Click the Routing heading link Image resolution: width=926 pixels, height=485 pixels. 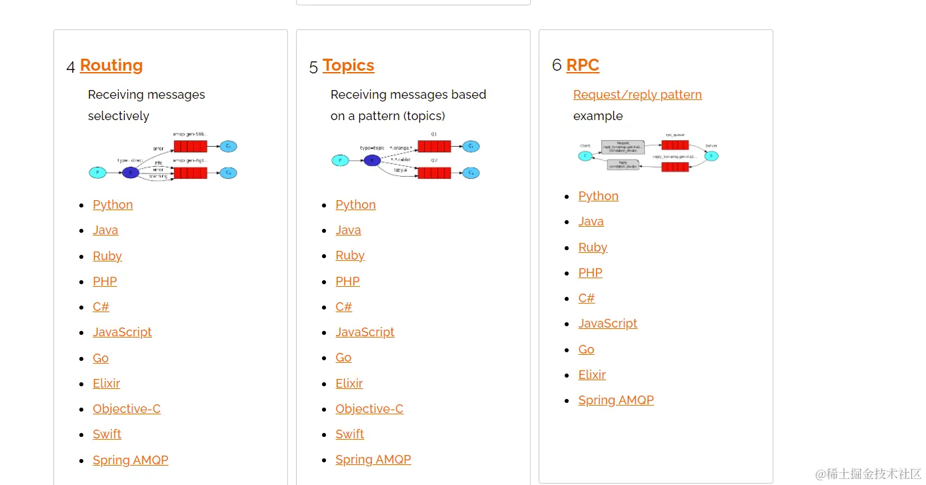pyautogui.click(x=111, y=65)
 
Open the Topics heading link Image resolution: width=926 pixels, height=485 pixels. pyautogui.click(x=348, y=65)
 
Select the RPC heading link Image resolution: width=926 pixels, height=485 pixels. pyautogui.click(x=583, y=65)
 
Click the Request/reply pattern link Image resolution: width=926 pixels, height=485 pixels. pyautogui.click(x=637, y=95)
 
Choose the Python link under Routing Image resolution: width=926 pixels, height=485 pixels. pyautogui.click(x=113, y=205)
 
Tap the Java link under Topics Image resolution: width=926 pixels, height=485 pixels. pyautogui.click(x=348, y=230)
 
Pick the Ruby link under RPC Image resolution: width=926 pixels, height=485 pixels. pyautogui.click(x=593, y=248)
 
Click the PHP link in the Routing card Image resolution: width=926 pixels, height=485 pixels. pyautogui.click(x=105, y=282)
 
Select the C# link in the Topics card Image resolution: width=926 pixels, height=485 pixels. pyautogui.click(x=343, y=307)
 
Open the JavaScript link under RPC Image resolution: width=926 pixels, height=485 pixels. pyautogui.click(x=607, y=324)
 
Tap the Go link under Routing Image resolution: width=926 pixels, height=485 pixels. pyautogui.click(x=101, y=358)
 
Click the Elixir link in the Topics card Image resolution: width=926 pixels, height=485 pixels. pyautogui.click(x=349, y=384)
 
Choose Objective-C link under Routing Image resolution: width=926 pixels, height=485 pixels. pyautogui.click(x=127, y=409)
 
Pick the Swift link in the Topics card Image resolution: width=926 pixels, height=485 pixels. pyautogui.click(x=349, y=434)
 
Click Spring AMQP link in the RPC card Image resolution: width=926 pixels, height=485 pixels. pyautogui.click(x=616, y=400)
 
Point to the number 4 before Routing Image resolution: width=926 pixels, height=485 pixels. pyautogui.click(x=71, y=67)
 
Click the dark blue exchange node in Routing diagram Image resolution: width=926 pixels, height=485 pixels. pyautogui.click(x=131, y=173)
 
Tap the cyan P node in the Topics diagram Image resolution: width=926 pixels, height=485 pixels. pyautogui.click(x=340, y=160)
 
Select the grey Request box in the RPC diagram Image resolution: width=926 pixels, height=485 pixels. pyautogui.click(x=623, y=147)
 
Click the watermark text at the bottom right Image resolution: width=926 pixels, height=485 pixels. pyautogui.click(x=868, y=474)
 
